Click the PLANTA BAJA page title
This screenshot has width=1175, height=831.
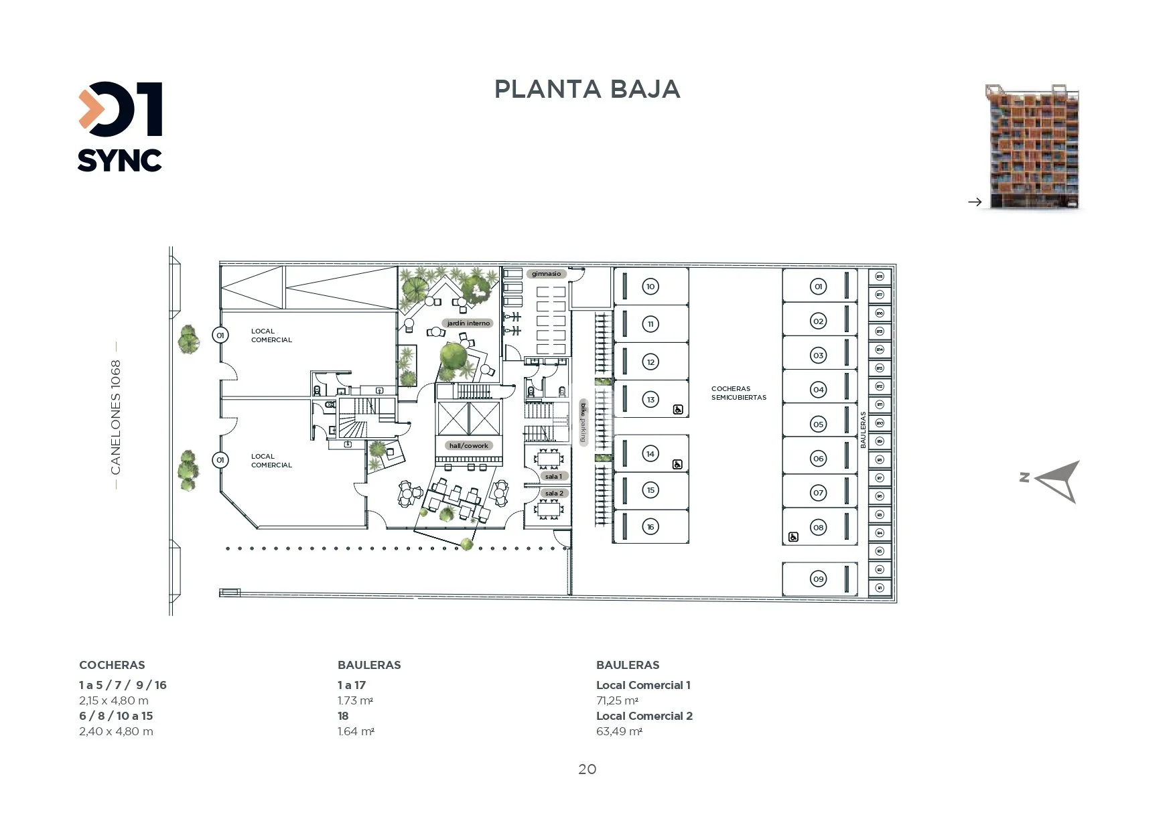(x=587, y=89)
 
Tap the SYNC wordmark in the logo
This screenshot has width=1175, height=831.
(x=119, y=161)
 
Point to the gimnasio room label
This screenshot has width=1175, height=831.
(x=547, y=274)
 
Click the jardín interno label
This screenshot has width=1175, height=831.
(x=468, y=323)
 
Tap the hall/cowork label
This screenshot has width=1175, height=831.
(x=468, y=446)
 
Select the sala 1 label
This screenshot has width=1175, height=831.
(x=554, y=477)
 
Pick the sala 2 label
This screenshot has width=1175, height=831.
(x=554, y=494)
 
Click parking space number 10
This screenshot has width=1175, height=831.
(x=650, y=287)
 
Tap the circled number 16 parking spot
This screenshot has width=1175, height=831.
(x=650, y=527)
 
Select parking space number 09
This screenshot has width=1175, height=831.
(x=818, y=579)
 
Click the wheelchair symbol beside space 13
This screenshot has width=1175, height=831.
(x=678, y=410)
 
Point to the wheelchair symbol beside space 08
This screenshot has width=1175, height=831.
(x=793, y=537)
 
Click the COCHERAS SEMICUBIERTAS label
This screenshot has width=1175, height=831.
(x=738, y=393)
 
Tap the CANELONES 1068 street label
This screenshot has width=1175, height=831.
(x=116, y=417)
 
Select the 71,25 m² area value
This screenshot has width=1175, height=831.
(x=617, y=701)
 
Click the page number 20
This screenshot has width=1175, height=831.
(x=587, y=769)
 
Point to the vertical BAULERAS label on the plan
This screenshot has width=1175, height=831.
(x=863, y=430)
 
